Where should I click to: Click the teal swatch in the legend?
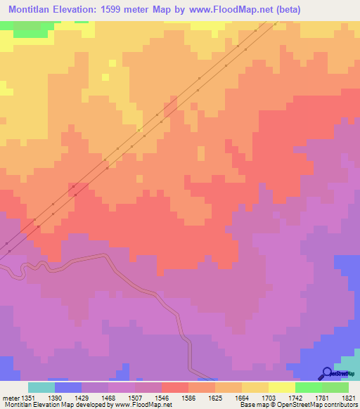41,387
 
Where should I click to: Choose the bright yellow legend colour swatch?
281,387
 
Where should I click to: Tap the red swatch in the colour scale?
174,387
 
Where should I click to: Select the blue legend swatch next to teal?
67,387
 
